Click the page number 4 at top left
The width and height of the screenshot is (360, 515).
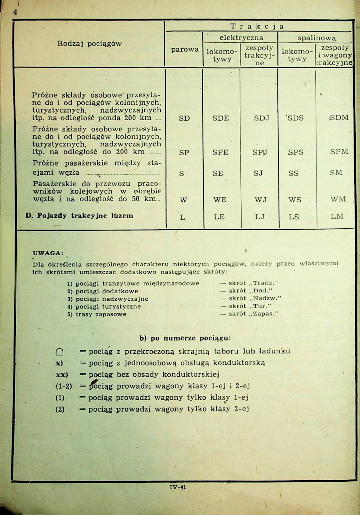click(15, 12)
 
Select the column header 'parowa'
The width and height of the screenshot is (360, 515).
click(185, 49)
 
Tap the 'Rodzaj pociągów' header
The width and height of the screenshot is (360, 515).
click(89, 44)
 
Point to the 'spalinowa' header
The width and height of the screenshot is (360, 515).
click(317, 38)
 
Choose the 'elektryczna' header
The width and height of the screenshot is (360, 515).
click(241, 38)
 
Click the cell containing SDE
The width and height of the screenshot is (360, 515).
click(221, 118)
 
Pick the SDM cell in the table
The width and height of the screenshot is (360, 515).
click(339, 118)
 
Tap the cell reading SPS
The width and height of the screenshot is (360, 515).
click(295, 152)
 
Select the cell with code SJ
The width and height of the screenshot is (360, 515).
click(258, 173)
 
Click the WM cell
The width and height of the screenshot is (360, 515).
click(338, 199)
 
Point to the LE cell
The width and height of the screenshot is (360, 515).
click(219, 217)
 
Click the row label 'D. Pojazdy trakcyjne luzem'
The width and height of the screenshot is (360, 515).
click(79, 216)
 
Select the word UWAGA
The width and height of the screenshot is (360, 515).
click(48, 253)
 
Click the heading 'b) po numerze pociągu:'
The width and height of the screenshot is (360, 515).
click(185, 338)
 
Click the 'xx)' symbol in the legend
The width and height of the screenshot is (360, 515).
click(62, 375)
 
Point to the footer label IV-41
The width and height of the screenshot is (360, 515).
click(178, 487)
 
